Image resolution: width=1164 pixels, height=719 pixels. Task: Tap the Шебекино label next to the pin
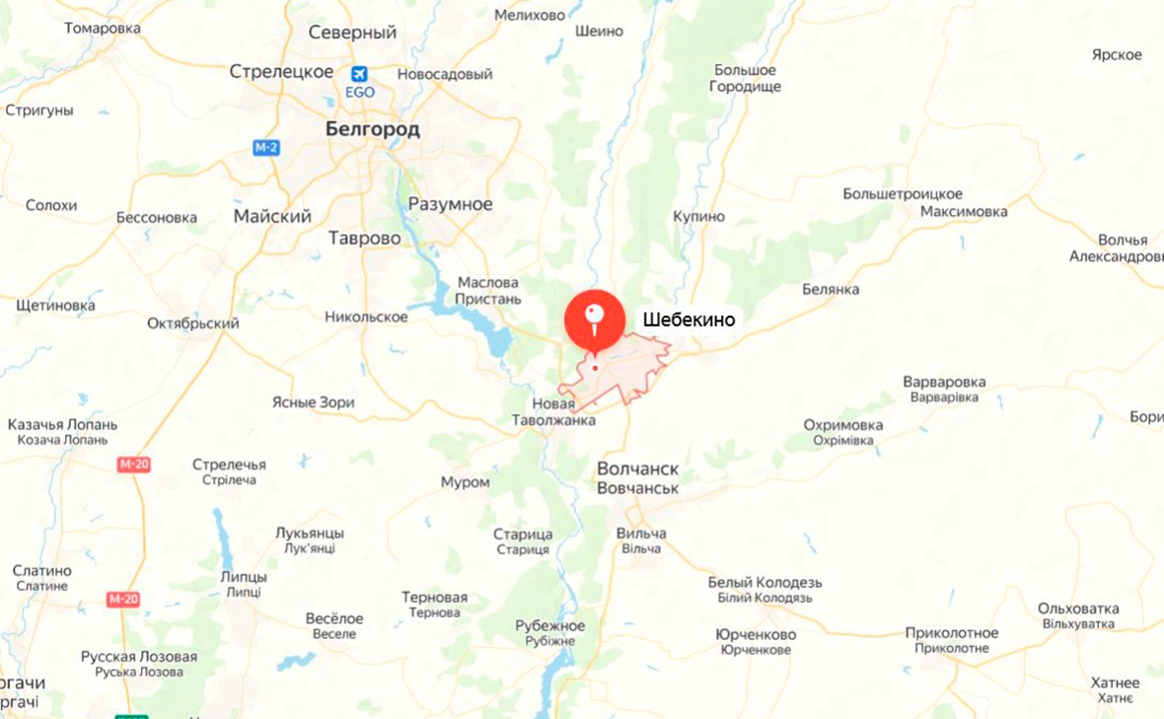pyautogui.click(x=689, y=320)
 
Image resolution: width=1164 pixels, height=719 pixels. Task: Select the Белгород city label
pyautogui.click(x=373, y=129)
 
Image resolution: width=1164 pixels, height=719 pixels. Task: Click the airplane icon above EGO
pyautogui.click(x=359, y=73)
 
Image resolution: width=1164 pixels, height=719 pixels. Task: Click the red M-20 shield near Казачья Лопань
pyautogui.click(x=133, y=465)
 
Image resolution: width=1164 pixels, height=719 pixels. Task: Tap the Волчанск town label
pyautogui.click(x=637, y=468)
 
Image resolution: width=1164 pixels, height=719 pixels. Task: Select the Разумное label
pyautogui.click(x=450, y=204)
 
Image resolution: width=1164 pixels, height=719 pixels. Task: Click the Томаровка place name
pyautogui.click(x=103, y=28)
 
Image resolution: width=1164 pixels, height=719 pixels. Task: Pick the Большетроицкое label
pyautogui.click(x=903, y=193)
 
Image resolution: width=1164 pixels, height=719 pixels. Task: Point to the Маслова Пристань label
pyautogui.click(x=487, y=290)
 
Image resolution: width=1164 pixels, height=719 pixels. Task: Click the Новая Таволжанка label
pyautogui.click(x=566, y=412)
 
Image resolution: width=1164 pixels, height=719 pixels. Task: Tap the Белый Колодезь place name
pyautogui.click(x=764, y=582)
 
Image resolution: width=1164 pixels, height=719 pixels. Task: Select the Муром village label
pyautogui.click(x=465, y=481)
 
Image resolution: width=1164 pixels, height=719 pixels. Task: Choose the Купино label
pyautogui.click(x=698, y=216)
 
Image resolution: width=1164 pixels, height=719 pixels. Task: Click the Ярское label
pyautogui.click(x=1117, y=54)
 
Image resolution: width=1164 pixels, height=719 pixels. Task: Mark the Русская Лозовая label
pyautogui.click(x=139, y=657)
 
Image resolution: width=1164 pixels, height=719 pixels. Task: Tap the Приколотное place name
pyautogui.click(x=952, y=633)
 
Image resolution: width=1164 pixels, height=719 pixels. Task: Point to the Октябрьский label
pyautogui.click(x=193, y=324)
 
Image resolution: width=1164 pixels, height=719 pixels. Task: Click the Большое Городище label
pyautogui.click(x=745, y=78)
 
